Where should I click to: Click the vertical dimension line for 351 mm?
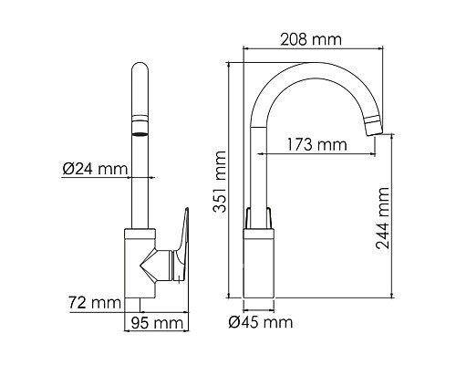(x=229, y=182)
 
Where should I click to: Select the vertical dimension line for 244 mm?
(x=392, y=219)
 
